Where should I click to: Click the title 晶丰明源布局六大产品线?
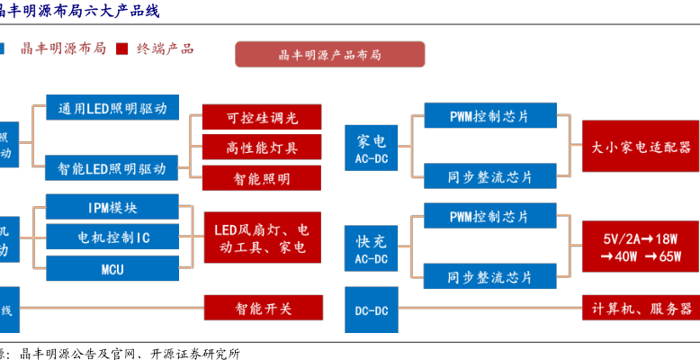pos(86,11)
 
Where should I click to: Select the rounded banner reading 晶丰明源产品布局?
pos(330,55)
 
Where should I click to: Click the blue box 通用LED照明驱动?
pos(112,108)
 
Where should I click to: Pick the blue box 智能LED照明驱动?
pos(112,168)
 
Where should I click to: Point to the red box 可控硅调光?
pos(261,118)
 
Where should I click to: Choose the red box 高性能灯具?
pos(261,148)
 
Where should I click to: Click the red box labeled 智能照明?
pos(261,178)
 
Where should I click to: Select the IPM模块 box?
pos(112,208)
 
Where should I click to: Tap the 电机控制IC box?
pos(112,238)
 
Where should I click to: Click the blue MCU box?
pos(112,268)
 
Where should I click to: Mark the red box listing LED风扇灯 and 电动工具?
pos(261,238)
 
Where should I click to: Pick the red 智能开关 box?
pos(261,309)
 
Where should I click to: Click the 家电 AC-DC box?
pos(371,148)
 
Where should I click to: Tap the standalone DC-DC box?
pos(371,310)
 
